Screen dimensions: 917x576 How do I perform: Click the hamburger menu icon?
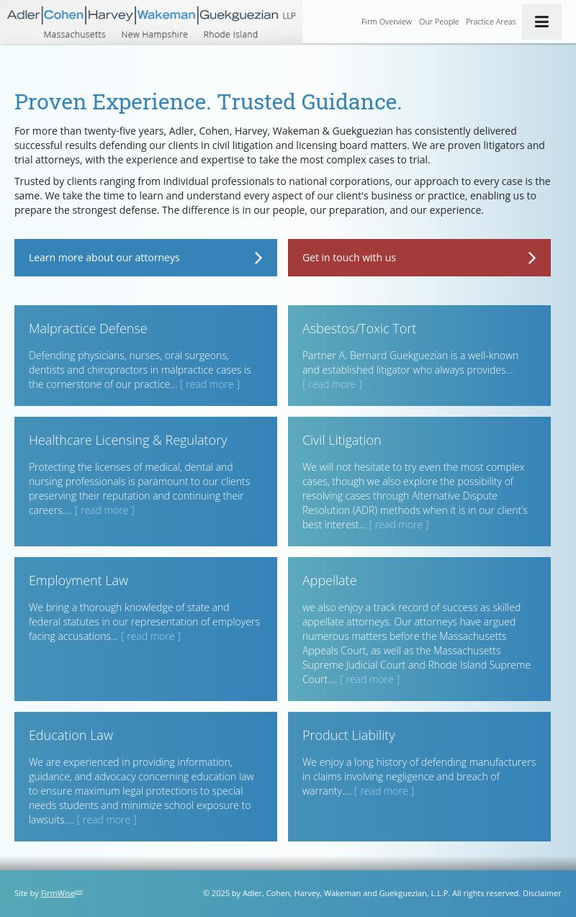(x=541, y=22)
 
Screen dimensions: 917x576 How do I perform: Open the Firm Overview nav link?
(x=386, y=22)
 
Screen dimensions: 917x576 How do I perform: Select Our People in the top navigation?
(x=438, y=22)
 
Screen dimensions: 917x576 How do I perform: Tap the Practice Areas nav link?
(x=490, y=22)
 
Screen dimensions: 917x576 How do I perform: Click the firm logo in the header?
(x=151, y=22)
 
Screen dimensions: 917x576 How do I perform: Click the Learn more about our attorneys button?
(x=145, y=258)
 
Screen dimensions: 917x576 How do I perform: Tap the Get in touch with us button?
(x=419, y=258)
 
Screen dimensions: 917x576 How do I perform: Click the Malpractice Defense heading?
(x=88, y=328)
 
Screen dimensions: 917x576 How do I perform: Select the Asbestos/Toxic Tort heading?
(x=359, y=328)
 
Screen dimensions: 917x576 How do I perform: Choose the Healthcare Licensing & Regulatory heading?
(x=127, y=440)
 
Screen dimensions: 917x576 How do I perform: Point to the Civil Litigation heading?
(x=341, y=440)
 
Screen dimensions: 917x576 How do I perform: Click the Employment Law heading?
(x=78, y=580)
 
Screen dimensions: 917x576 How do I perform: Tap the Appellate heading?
(x=329, y=580)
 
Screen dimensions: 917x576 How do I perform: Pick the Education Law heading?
(x=71, y=735)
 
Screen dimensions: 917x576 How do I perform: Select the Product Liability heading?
(x=348, y=735)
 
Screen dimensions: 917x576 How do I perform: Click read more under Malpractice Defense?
(x=210, y=384)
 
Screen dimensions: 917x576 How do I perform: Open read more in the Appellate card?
(x=369, y=679)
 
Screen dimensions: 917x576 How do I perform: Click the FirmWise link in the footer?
(x=58, y=893)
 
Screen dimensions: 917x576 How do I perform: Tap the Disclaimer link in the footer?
(x=541, y=893)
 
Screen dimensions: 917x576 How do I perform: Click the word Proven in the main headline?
(x=50, y=101)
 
